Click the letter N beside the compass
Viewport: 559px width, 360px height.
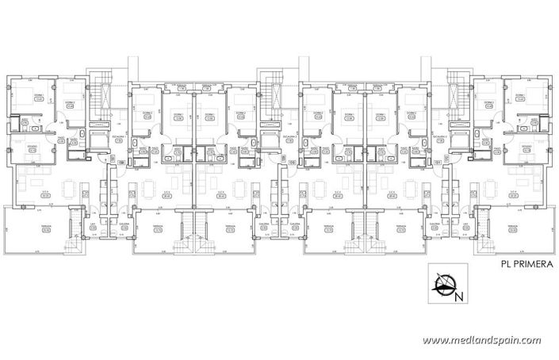pyautogui.click(x=459, y=297)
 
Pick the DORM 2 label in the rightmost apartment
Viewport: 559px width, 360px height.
pyautogui.click(x=489, y=103)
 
